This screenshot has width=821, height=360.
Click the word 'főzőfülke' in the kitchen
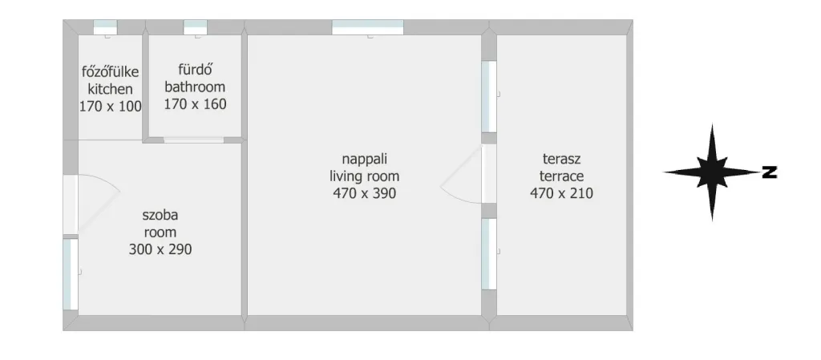(x=111, y=71)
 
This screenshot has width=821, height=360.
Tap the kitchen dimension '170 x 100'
(x=111, y=106)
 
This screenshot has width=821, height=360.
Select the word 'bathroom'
(x=195, y=87)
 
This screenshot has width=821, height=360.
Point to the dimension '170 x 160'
(x=196, y=103)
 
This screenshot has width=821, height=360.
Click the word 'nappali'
(x=365, y=159)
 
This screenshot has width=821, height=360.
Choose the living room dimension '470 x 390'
(x=365, y=193)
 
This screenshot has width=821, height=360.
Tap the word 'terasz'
(x=562, y=159)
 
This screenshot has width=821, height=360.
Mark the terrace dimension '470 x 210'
(x=562, y=193)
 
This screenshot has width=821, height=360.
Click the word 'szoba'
(x=160, y=215)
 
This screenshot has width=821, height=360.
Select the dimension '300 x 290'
(x=160, y=249)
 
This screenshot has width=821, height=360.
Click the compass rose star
(x=712, y=172)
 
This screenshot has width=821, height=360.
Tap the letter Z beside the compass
(x=769, y=172)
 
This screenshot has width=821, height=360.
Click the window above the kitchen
(x=105, y=27)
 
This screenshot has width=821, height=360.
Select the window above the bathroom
(x=196, y=27)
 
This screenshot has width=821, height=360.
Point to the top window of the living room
(x=368, y=27)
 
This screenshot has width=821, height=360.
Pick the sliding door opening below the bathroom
(x=194, y=140)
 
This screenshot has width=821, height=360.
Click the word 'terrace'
(x=562, y=176)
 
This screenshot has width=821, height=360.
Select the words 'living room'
(x=365, y=176)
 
